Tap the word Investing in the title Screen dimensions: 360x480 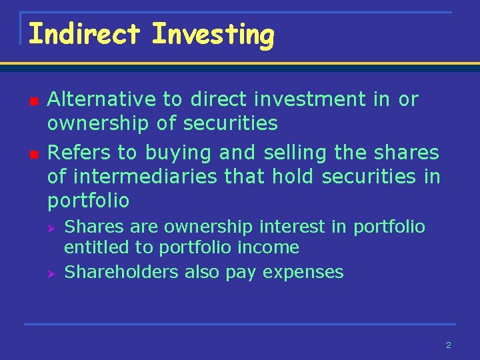tap(213, 35)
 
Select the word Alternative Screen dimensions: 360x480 tap(103, 99)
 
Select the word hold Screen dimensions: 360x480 tap(296, 177)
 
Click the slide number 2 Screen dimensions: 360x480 tap(448, 345)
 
